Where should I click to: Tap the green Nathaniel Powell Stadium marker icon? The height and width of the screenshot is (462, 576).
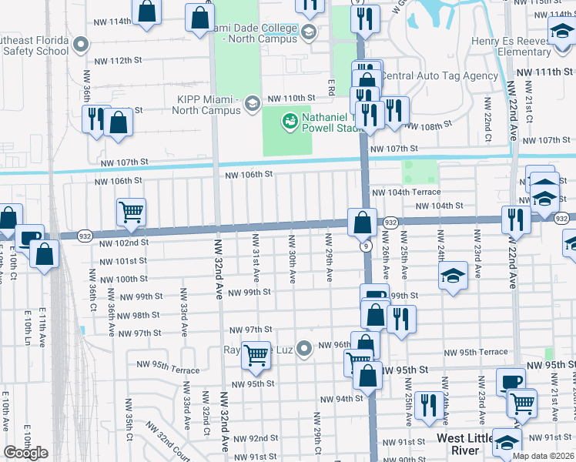click(290, 120)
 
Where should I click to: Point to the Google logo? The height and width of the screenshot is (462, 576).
click(25, 452)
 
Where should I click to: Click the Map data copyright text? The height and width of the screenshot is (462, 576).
click(542, 456)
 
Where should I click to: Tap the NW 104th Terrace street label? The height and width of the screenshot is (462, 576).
click(406, 192)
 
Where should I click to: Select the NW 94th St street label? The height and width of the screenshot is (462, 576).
click(341, 399)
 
